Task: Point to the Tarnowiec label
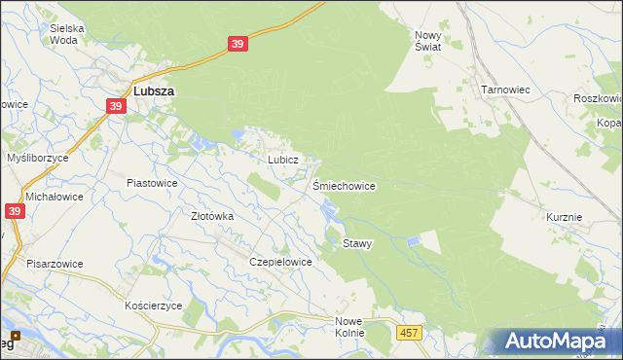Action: (504, 90)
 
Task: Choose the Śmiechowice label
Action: (344, 185)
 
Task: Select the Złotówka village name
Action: (211, 216)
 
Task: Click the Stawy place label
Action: (357, 243)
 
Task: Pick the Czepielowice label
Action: (280, 262)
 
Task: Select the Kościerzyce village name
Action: (154, 306)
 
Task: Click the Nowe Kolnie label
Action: (348, 327)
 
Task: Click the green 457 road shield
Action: (409, 334)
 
